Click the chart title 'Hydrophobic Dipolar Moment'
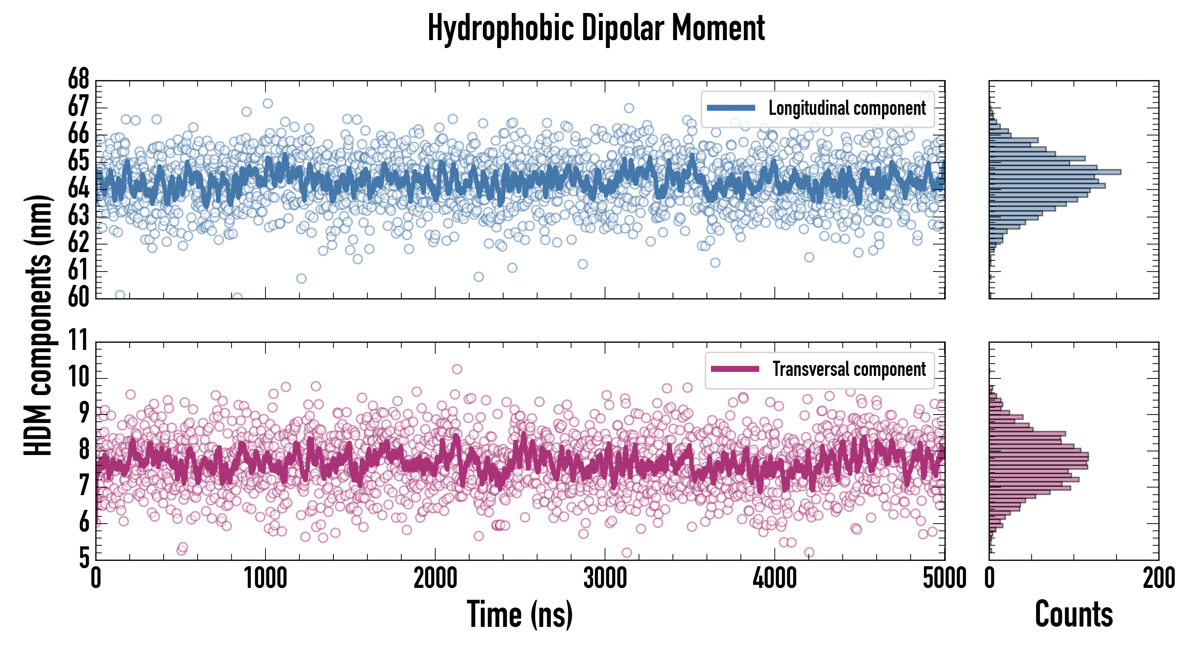tap(596, 29)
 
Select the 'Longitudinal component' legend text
tap(847, 108)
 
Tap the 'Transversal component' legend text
tap(849, 370)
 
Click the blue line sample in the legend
tap(731, 108)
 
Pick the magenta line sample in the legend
tap(735, 369)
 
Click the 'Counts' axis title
tap(1074, 614)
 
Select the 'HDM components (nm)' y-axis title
tap(38, 324)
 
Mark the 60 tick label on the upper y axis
tap(79, 298)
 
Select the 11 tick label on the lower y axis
tap(79, 341)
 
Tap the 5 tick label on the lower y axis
tap(84, 558)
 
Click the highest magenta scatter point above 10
tap(457, 369)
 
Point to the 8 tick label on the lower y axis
tap(84, 450)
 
